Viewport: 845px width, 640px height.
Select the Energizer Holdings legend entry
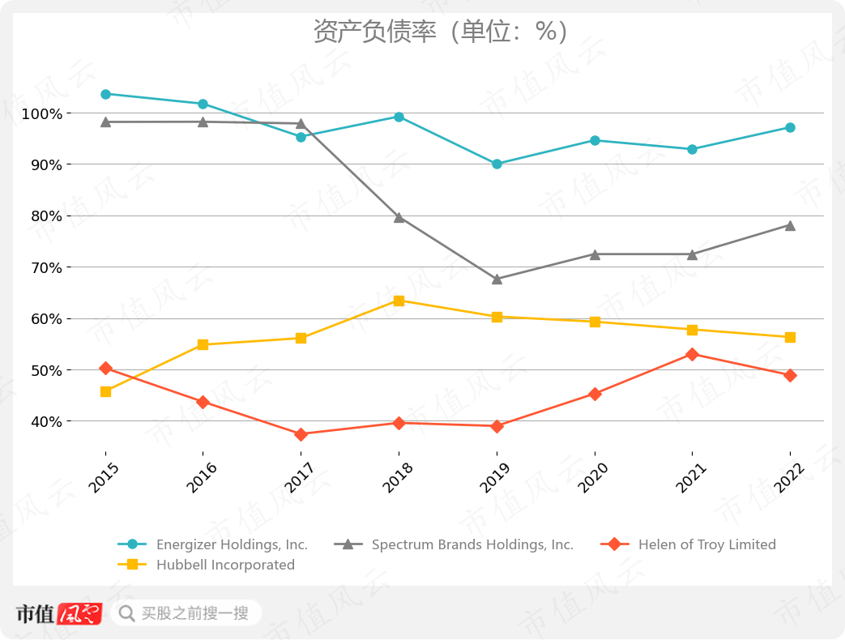[232, 544]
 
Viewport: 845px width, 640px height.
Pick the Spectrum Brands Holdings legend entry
[472, 544]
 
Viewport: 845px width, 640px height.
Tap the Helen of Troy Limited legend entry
[706, 544]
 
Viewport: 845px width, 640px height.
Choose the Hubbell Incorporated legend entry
[225, 565]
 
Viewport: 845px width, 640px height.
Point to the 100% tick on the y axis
[42, 113]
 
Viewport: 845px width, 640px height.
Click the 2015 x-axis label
[104, 478]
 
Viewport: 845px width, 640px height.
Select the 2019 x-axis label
[495, 478]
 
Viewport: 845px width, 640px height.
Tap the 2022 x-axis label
[788, 478]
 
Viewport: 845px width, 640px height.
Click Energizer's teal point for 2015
[105, 94]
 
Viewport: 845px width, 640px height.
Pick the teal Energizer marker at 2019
[497, 164]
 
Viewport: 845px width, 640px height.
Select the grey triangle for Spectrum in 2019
[497, 279]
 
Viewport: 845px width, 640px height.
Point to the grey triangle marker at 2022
[790, 225]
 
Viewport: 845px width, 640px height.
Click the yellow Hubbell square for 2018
[399, 301]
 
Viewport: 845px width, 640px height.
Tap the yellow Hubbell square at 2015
[105, 391]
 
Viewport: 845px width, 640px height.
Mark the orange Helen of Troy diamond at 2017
[301, 434]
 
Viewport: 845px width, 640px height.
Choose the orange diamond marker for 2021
[692, 354]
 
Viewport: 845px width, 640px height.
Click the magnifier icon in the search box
[126, 613]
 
